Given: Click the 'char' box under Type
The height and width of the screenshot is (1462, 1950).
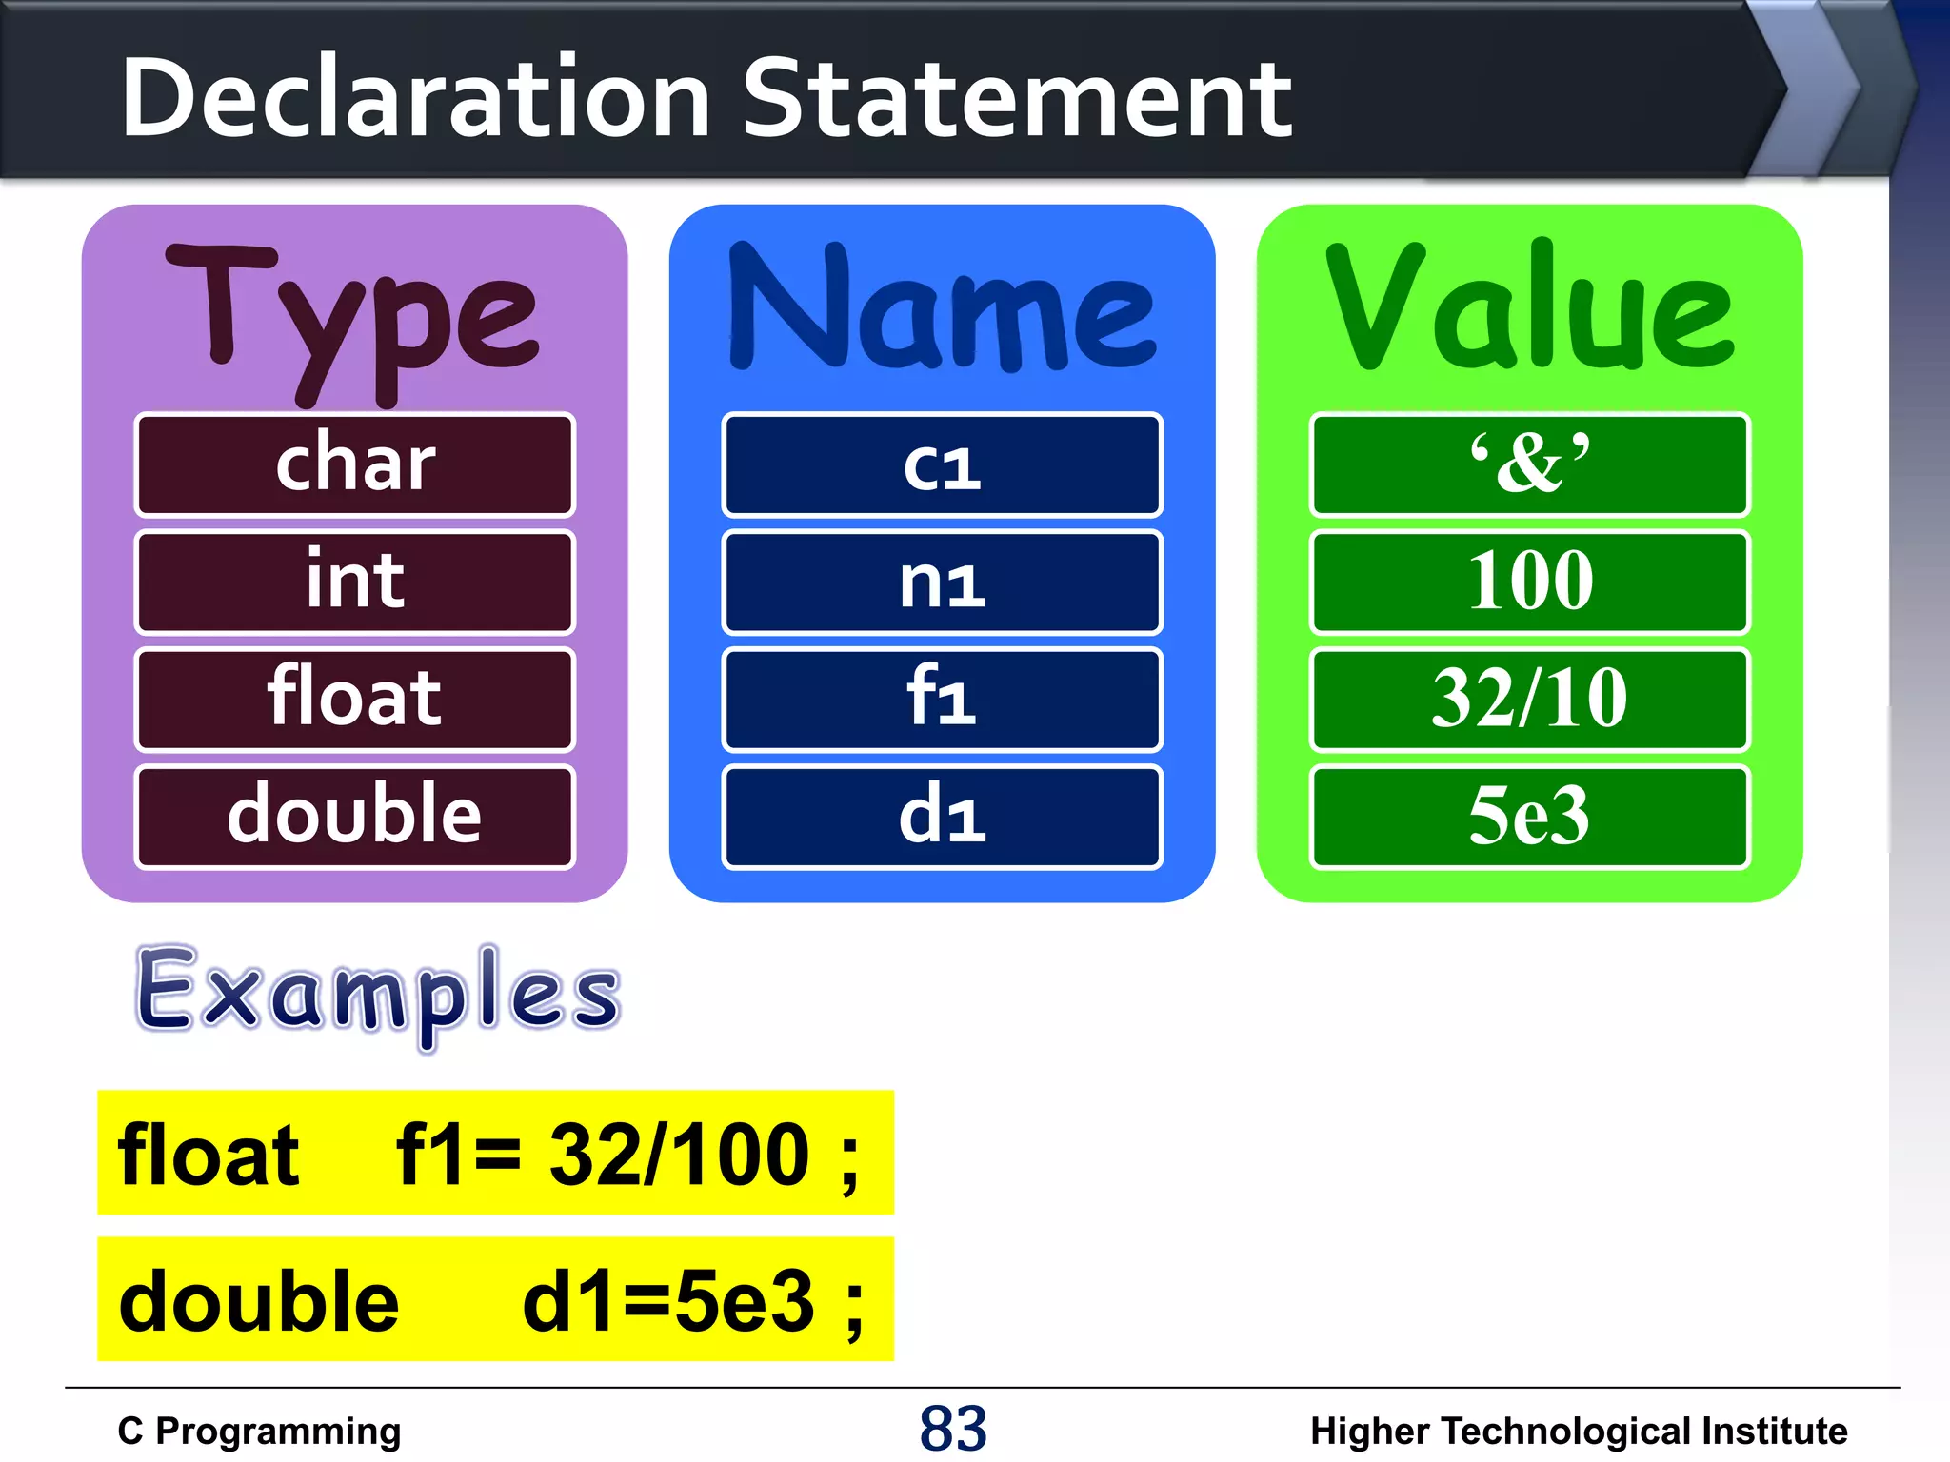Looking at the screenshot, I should point(355,464).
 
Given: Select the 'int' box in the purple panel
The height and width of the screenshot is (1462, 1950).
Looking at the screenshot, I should point(355,582).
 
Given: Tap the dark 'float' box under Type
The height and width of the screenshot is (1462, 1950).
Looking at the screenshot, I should point(355,699).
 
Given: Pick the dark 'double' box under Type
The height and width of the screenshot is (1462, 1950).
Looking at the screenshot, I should point(355,817).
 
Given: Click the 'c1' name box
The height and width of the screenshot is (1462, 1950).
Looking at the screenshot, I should point(942,464).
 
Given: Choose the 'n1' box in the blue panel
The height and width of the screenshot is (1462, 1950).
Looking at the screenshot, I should point(942,582).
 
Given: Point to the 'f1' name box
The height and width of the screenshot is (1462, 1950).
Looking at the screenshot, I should point(942,699).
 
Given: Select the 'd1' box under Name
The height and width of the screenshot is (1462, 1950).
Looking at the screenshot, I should point(942,817).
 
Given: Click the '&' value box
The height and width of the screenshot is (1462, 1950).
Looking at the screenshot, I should point(1529,464).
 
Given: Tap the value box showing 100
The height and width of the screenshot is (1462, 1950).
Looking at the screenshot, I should point(1529,582).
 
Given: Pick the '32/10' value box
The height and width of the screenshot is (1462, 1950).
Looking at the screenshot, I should point(1529,699).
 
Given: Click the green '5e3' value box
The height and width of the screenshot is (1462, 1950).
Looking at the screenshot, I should point(1529,817).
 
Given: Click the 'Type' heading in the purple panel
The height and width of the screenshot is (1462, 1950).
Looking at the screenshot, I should point(352,314).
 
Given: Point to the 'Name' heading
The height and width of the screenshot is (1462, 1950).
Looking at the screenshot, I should point(942,309).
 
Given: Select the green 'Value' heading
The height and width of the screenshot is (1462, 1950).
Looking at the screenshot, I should point(1529,309).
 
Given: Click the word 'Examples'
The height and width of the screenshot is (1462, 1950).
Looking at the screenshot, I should point(378,993).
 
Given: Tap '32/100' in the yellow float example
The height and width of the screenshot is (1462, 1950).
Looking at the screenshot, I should point(678,1155).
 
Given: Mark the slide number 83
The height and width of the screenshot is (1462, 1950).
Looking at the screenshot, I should point(953,1429).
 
